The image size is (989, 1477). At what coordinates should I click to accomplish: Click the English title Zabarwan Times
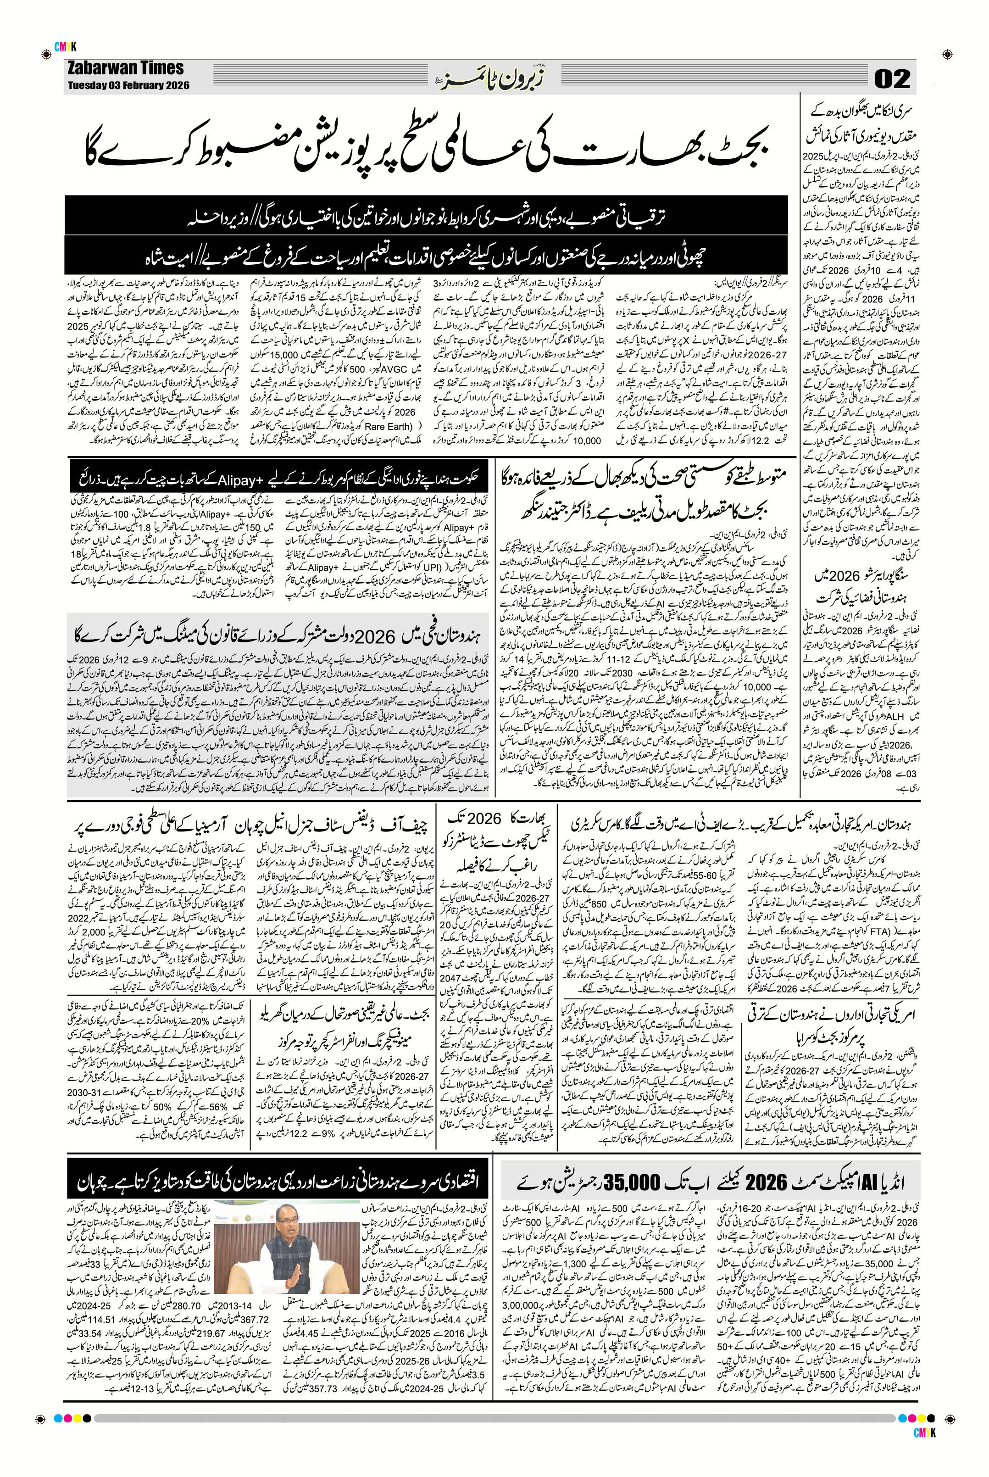pyautogui.click(x=126, y=68)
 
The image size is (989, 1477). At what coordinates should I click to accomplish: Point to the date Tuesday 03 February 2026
pyautogui.click(x=128, y=85)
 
